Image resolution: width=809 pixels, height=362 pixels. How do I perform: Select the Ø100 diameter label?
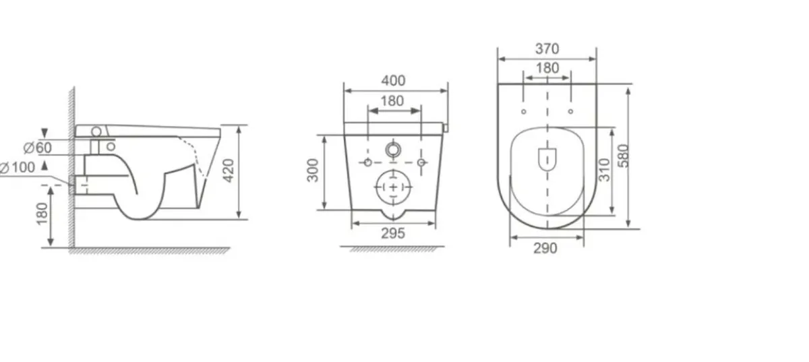click(18, 167)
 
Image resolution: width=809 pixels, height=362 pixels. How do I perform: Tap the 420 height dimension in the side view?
click(230, 173)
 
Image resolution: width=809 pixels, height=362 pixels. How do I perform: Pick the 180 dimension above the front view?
click(392, 101)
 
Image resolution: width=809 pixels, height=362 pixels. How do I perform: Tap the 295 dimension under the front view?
click(393, 233)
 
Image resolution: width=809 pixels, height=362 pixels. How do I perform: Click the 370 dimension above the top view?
click(547, 49)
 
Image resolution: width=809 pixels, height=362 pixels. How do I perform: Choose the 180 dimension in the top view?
click(547, 68)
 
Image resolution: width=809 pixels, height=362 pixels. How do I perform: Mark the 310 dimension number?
click(604, 169)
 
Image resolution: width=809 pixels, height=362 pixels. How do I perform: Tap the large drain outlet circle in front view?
click(394, 186)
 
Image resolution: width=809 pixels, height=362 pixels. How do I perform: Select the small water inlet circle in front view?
click(393, 149)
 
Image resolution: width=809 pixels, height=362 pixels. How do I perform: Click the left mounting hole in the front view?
click(367, 162)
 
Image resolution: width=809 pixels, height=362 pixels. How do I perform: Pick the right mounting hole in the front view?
click(421, 162)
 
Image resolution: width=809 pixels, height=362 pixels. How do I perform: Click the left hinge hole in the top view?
click(524, 111)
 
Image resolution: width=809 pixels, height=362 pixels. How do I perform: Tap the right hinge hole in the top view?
click(570, 111)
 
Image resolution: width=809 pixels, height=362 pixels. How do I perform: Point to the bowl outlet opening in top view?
click(547, 158)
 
